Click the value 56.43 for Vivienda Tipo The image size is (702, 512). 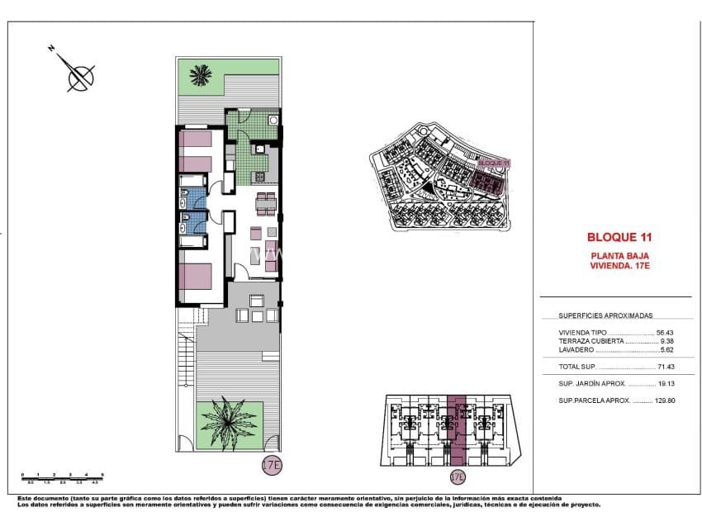click(666, 333)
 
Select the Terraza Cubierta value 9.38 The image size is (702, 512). click(667, 341)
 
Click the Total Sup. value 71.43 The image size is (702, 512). click(666, 367)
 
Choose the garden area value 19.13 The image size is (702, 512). click(666, 384)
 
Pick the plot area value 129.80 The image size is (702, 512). click(663, 401)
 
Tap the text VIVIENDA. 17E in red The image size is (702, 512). click(620, 266)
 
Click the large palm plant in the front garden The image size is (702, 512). click(229, 423)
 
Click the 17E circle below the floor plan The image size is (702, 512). click(272, 465)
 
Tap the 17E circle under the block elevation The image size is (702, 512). click(457, 476)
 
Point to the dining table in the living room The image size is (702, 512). click(265, 203)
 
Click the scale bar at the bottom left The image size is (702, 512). click(61, 476)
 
